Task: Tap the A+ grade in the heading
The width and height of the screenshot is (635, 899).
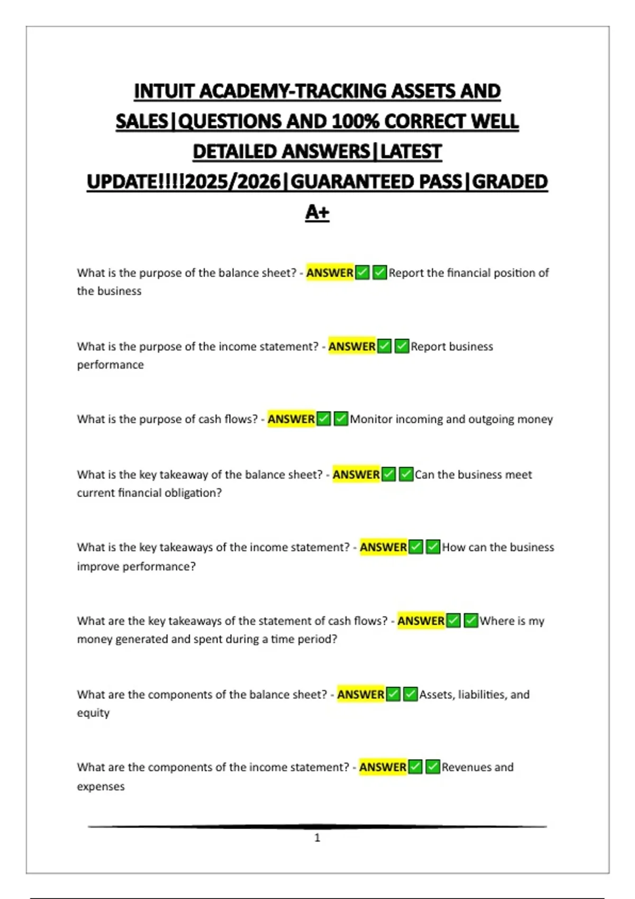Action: [x=317, y=212]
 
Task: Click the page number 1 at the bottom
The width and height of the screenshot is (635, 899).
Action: [x=317, y=838]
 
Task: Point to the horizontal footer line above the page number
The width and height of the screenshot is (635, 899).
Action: [x=317, y=826]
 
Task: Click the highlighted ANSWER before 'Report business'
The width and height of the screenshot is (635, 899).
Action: [x=352, y=346]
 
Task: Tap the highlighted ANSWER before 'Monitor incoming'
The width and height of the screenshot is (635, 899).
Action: [x=291, y=419]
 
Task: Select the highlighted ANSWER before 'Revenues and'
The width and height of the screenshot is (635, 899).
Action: [x=383, y=767]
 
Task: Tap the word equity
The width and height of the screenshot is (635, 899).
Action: [x=93, y=713]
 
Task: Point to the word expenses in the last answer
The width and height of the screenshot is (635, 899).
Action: [x=101, y=786]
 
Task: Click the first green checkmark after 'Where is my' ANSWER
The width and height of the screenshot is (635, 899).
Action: [x=453, y=620]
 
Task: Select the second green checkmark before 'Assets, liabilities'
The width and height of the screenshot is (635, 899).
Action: [x=410, y=694]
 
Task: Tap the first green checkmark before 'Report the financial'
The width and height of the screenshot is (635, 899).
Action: [x=362, y=273]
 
